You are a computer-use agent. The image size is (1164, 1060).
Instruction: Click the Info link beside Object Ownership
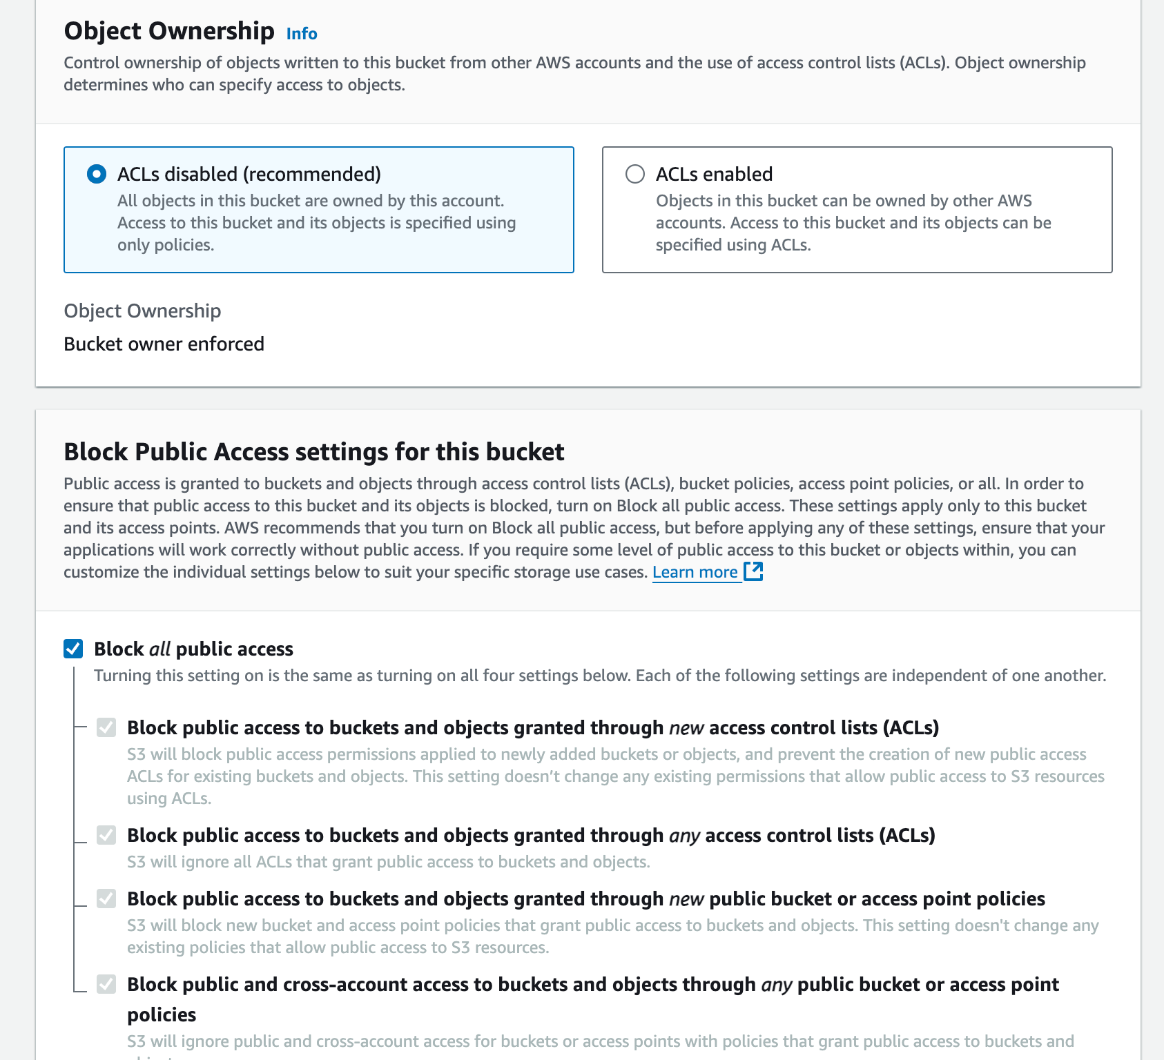tap(302, 34)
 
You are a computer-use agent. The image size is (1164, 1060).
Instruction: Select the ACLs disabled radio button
tap(97, 174)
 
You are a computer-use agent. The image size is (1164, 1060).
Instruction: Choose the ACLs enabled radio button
tap(635, 174)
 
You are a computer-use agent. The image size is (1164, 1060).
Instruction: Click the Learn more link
tap(695, 572)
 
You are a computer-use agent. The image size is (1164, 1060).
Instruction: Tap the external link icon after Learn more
tap(753, 571)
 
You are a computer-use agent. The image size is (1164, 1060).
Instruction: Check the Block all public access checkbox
tap(73, 649)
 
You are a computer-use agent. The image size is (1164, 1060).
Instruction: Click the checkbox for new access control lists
tap(106, 727)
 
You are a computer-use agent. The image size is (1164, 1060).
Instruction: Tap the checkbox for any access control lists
tap(106, 835)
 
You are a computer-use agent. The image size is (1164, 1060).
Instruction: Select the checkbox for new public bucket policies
tap(106, 899)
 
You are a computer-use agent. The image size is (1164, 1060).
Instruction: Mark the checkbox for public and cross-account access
tap(106, 984)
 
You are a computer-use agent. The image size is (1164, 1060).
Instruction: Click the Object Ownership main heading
tap(169, 31)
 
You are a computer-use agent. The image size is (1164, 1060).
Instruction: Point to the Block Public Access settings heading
tap(314, 452)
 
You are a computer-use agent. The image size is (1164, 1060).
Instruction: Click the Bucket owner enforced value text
tap(164, 344)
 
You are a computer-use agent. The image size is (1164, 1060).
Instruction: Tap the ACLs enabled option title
tap(714, 174)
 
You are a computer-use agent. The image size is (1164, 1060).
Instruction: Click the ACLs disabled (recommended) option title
tap(249, 174)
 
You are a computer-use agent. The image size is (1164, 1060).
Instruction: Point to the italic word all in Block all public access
tap(159, 649)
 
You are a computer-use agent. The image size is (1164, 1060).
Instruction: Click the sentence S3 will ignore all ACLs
tap(389, 862)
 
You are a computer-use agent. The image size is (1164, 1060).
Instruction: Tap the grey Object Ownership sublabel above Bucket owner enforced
tap(142, 311)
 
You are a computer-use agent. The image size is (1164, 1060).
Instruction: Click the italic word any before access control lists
tap(684, 836)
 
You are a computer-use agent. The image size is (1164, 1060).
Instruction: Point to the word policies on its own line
tap(162, 1014)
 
